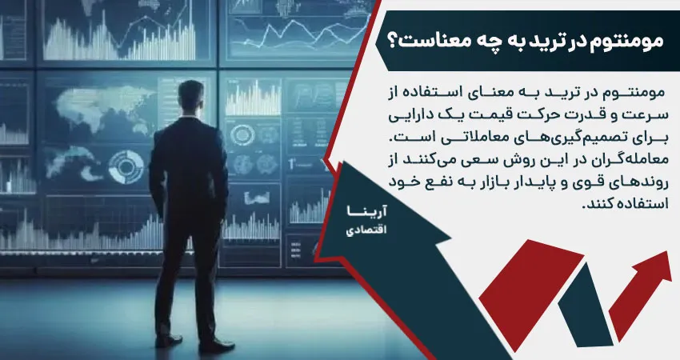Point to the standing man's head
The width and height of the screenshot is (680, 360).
190,97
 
